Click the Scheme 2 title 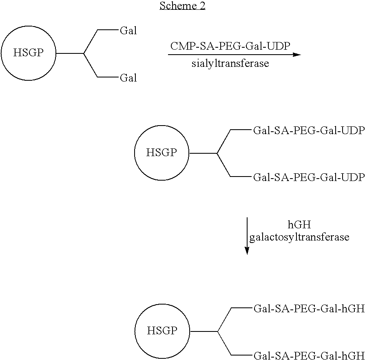pos(182,6)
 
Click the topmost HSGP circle pos(28,53)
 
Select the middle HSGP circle pos(161,153)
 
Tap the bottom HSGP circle pos(162,331)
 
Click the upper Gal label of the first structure pos(128,31)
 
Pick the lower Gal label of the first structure pos(128,78)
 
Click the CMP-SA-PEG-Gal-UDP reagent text pos(230,46)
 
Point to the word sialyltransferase pos(230,64)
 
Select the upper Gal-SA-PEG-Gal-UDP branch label pos(308,131)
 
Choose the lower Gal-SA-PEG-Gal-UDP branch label pos(308,177)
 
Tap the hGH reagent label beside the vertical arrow pos(299,225)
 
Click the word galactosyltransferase pos(299,237)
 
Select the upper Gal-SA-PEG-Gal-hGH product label pos(308,309)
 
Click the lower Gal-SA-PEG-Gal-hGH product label pos(308,355)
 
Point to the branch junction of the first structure pos(84,53)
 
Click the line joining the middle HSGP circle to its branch pos(203,153)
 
